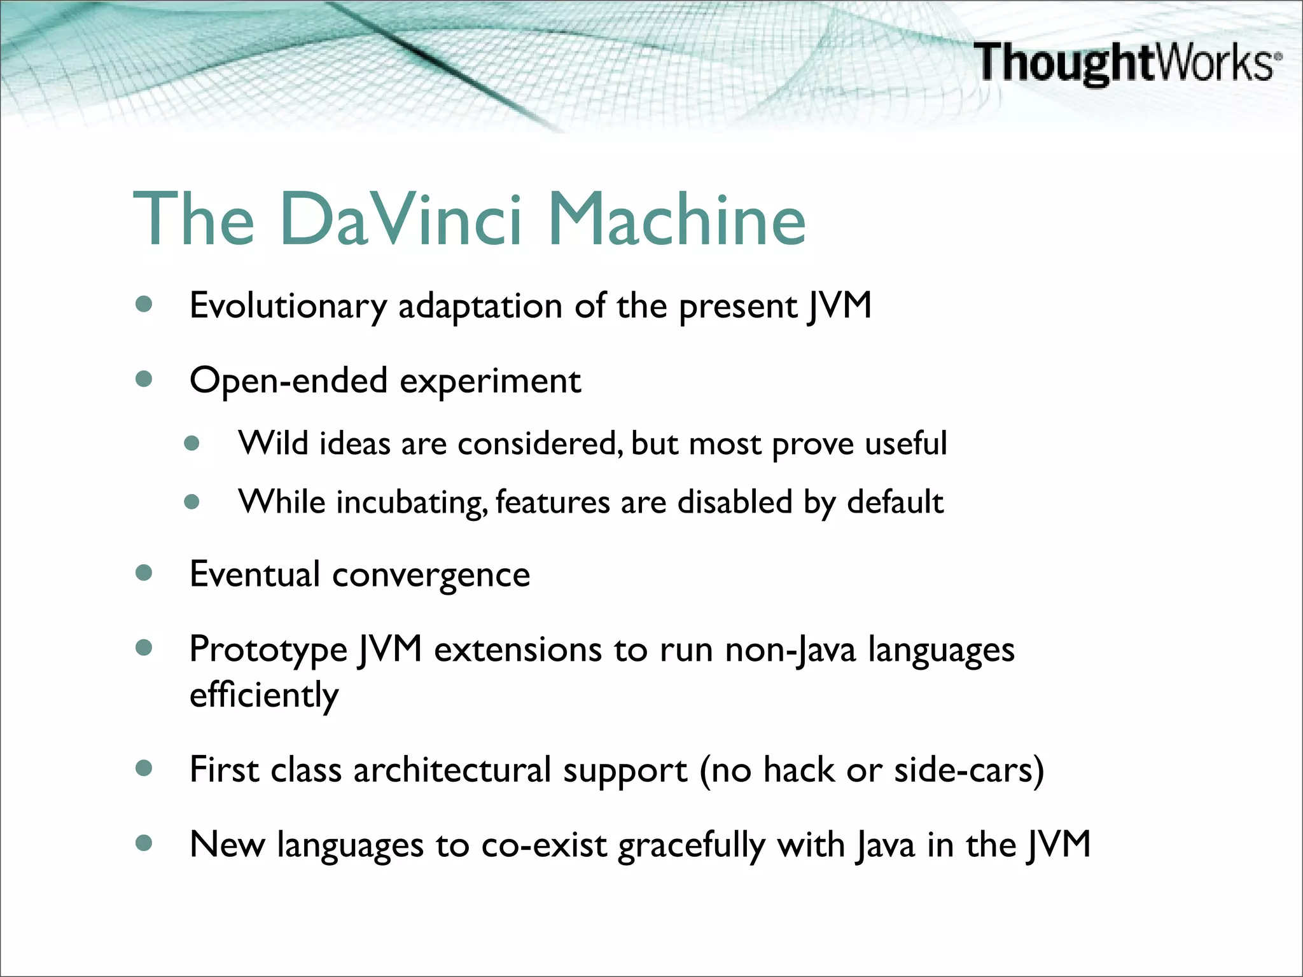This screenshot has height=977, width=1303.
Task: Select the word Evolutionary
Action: pyautogui.click(x=288, y=307)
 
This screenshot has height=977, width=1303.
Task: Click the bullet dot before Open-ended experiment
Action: pyautogui.click(x=144, y=380)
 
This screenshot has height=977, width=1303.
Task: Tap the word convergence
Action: pyautogui.click(x=431, y=575)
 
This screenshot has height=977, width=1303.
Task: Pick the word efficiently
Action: pyautogui.click(x=264, y=695)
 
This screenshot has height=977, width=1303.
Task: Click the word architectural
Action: pyautogui.click(x=452, y=770)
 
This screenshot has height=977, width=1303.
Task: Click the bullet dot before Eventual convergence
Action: pyautogui.click(x=144, y=573)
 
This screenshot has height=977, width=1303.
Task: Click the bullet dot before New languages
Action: pyautogui.click(x=144, y=843)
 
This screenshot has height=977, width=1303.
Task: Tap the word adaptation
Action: pyautogui.click(x=480, y=307)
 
